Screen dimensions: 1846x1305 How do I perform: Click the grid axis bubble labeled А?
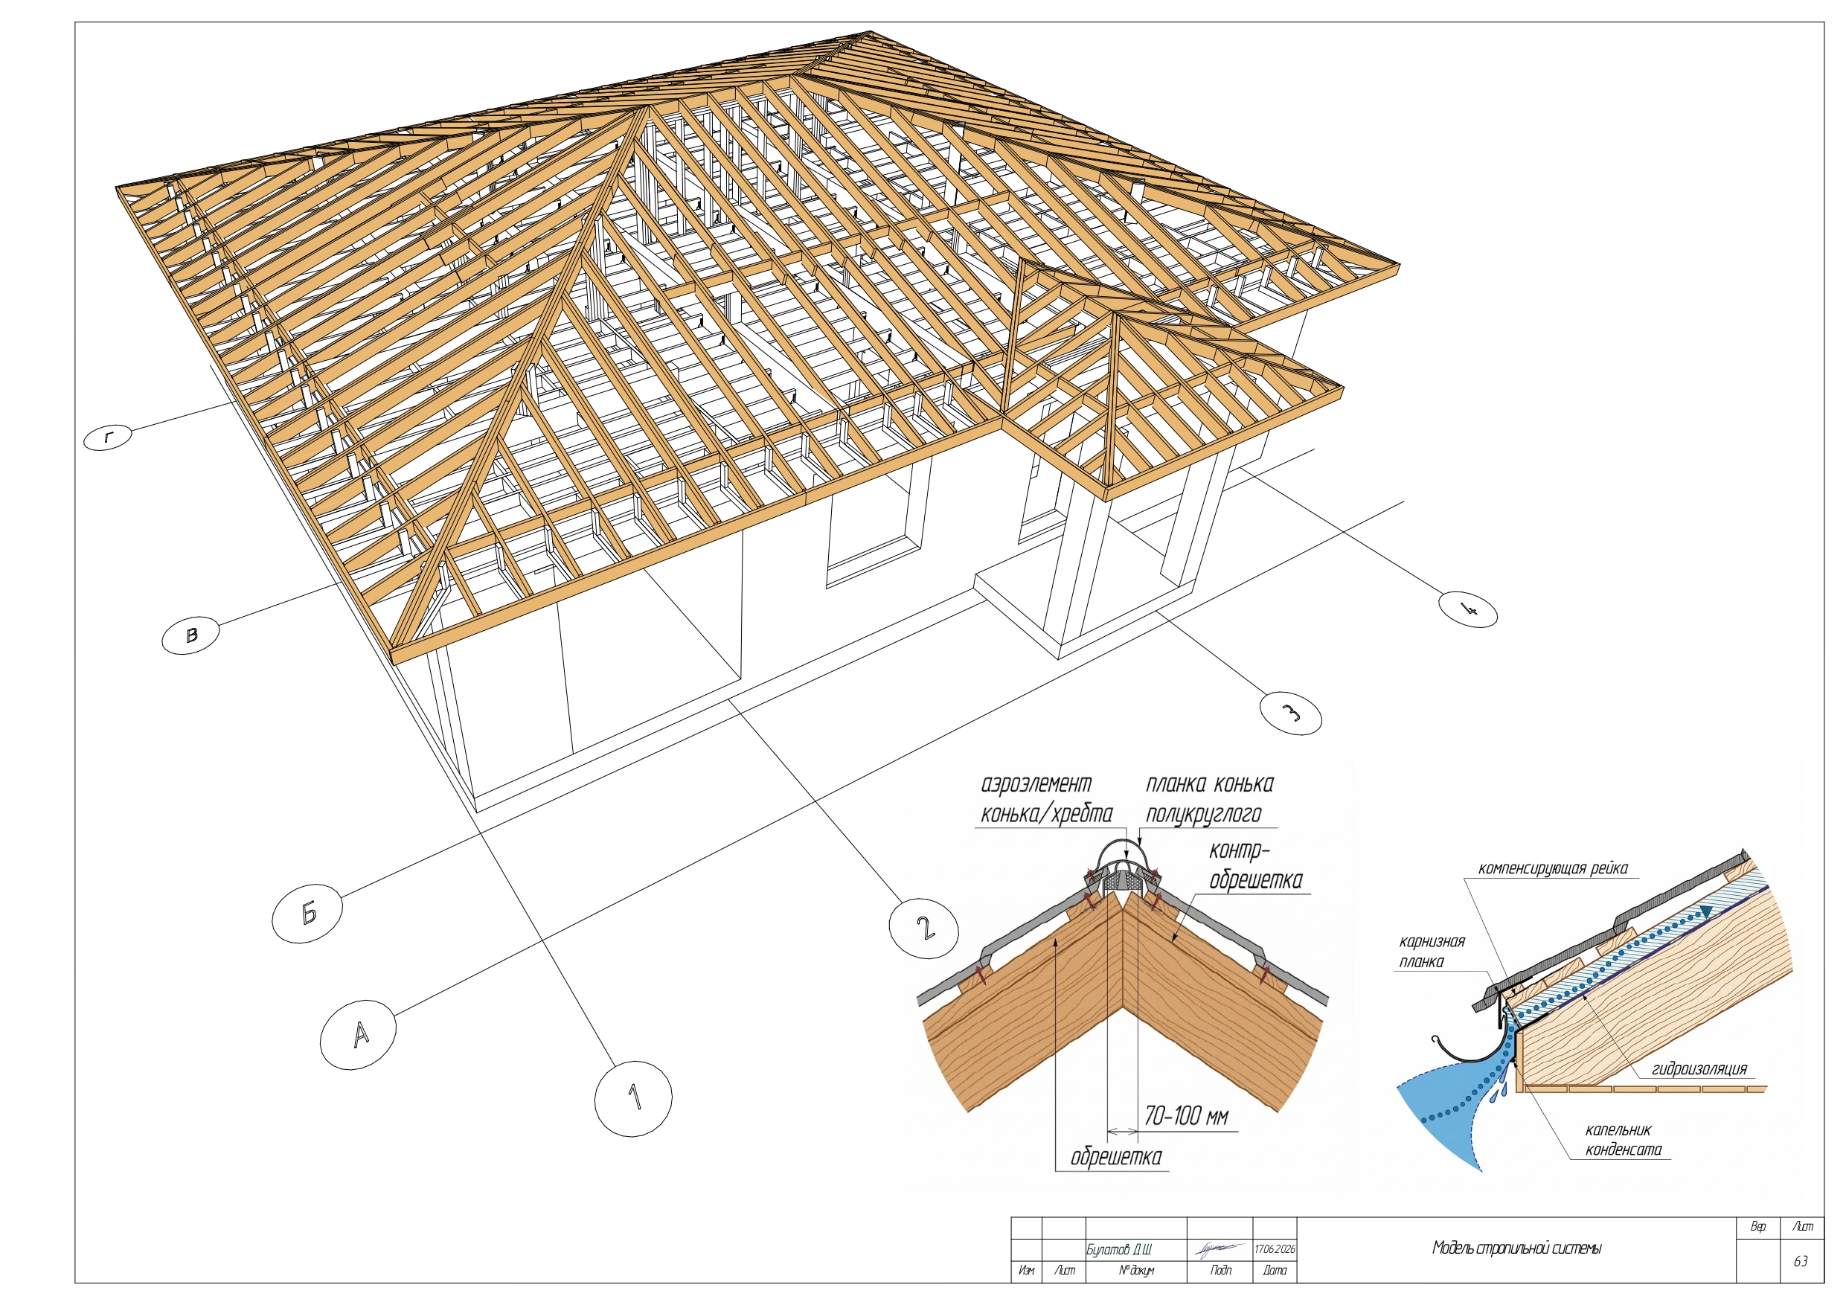tap(358, 1034)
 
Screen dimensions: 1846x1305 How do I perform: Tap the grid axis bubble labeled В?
tap(190, 635)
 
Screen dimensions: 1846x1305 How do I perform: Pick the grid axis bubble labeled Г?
tap(108, 437)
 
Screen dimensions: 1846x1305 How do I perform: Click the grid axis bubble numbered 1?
tap(633, 1098)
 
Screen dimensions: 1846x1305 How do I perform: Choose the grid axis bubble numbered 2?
tap(924, 929)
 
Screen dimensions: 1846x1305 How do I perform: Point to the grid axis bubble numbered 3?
tap(1290, 714)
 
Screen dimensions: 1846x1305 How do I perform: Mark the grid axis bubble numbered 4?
tap(1468, 609)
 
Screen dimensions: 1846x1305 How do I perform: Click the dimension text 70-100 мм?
tap(1186, 1116)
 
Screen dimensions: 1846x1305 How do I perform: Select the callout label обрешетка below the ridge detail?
tap(1116, 1157)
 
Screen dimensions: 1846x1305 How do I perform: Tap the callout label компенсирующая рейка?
tap(1553, 868)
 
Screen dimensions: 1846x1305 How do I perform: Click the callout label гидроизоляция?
tap(1699, 1068)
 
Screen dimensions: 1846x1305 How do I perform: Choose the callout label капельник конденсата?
tap(1624, 1139)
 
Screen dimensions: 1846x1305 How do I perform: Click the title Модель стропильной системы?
tap(1516, 1248)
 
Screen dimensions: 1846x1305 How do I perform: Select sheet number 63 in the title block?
tap(1801, 1261)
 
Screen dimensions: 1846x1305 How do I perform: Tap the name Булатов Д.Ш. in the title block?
tap(1118, 1249)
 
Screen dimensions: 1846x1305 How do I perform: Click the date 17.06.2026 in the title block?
tap(1275, 1249)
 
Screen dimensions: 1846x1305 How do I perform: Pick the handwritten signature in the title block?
tap(1219, 1248)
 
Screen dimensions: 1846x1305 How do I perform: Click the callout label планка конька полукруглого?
tap(1209, 799)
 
